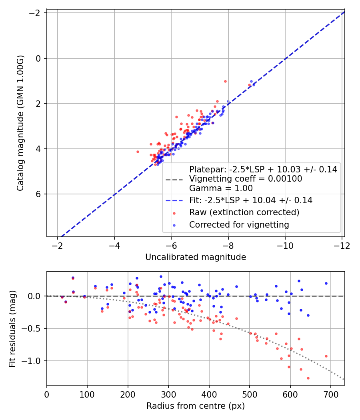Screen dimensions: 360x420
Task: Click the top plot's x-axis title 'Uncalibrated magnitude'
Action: pyautogui.click(x=196, y=257)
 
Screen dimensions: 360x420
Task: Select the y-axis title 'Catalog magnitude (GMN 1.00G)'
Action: pyautogui.click(x=20, y=123)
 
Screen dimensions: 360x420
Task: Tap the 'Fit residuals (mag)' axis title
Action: pyautogui.click(x=12, y=329)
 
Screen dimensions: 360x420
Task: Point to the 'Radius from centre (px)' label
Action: pyautogui.click(x=196, y=406)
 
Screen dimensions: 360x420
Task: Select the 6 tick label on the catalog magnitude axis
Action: pyautogui.click(x=38, y=194)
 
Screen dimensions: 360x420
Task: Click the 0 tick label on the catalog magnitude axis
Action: pyautogui.click(x=38, y=58)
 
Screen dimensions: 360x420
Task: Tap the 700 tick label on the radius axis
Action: pyautogui.click(x=331, y=394)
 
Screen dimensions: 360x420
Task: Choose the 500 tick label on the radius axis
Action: pyautogui.click(x=250, y=394)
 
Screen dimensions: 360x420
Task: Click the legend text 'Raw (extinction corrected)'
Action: pyautogui.click(x=244, y=212)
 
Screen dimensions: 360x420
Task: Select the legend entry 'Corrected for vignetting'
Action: pyautogui.click(x=239, y=224)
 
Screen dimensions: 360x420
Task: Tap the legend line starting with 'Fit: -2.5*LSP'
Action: pyautogui.click(x=251, y=200)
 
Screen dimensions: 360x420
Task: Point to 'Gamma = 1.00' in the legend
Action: pyautogui.click(x=221, y=188)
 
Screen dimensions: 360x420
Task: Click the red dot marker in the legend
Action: pyautogui.click(x=174, y=213)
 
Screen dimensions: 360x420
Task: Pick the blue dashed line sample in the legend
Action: pyautogui.click(x=174, y=200)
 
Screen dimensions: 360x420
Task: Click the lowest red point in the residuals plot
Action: pyautogui.click(x=308, y=378)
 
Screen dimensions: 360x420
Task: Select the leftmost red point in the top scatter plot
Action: pyautogui.click(x=138, y=152)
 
